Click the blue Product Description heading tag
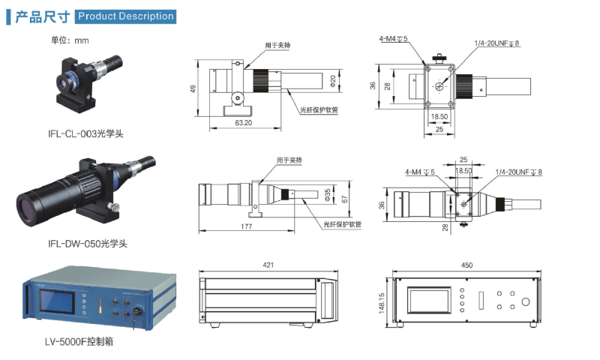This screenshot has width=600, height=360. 125,16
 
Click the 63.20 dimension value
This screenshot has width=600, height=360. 243,121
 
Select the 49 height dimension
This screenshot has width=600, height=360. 193,88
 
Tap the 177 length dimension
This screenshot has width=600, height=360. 246,226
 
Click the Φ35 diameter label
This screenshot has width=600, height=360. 327,195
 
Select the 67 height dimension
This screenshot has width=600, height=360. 344,199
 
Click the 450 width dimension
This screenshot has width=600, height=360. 466,264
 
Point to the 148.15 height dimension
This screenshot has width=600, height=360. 382,304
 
